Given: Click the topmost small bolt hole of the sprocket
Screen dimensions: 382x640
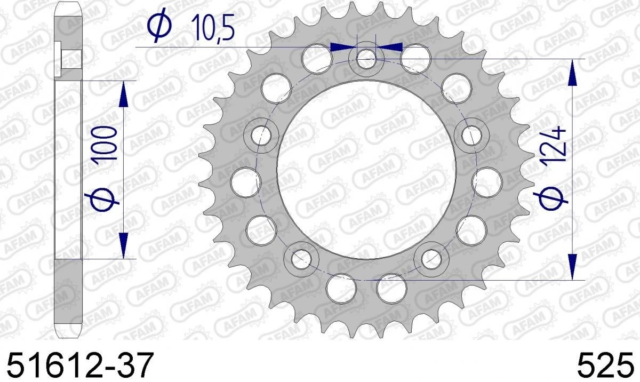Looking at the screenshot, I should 366,58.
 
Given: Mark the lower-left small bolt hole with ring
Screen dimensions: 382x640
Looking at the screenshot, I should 301,258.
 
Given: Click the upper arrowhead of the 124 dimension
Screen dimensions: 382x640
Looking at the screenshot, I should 572,73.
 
